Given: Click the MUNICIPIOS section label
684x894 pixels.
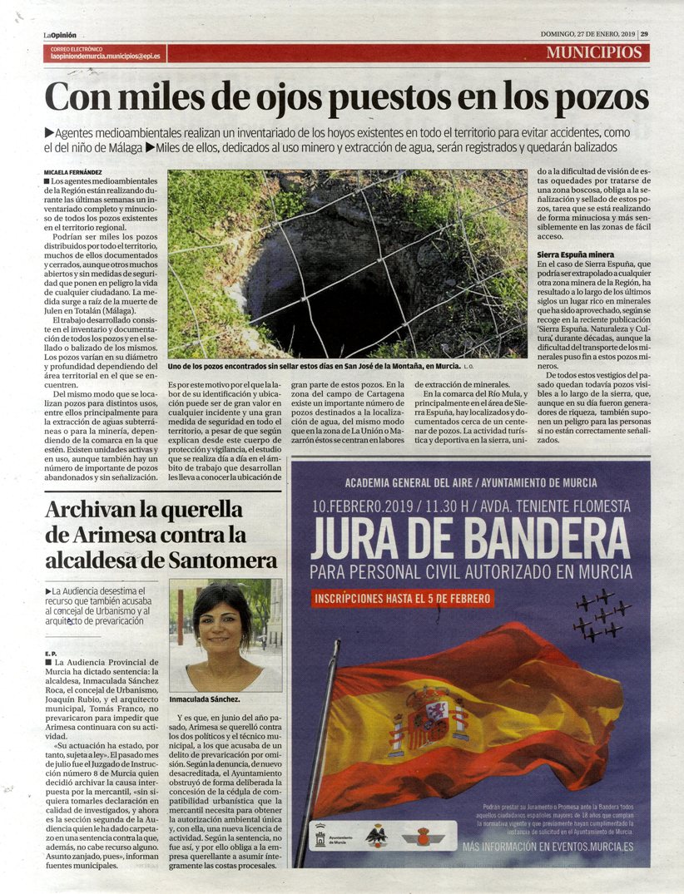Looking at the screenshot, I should click(x=594, y=52).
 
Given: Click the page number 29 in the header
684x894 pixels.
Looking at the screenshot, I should click(x=644, y=34).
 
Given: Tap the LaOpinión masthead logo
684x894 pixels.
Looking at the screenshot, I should click(x=60, y=35).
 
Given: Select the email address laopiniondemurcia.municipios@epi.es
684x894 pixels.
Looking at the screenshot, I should click(x=105, y=57).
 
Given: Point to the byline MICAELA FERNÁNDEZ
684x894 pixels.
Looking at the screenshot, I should click(x=79, y=171).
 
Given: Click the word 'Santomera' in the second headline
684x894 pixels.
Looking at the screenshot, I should click(x=221, y=559).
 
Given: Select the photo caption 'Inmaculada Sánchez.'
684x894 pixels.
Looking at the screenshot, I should click(x=205, y=700).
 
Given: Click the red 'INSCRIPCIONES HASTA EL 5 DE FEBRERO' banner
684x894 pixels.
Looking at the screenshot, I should click(x=404, y=598).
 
